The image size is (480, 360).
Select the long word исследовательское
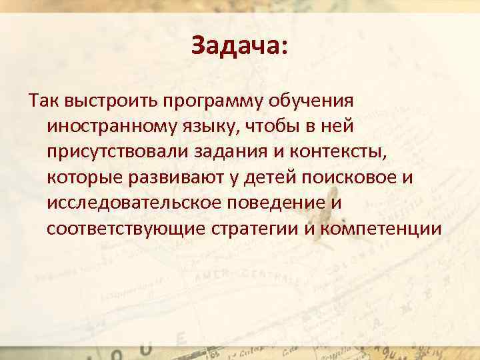coord(136,202)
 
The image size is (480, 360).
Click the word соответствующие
coord(126,227)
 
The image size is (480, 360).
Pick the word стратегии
coord(254,227)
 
